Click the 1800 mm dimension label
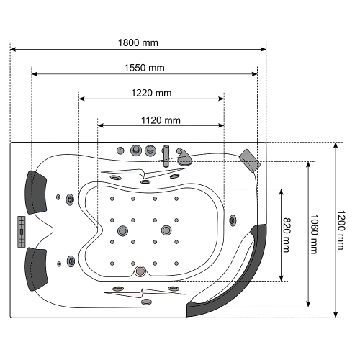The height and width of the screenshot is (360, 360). click(x=138, y=42)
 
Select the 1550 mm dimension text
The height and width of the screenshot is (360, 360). click(x=144, y=68)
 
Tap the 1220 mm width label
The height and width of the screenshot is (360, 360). click(x=151, y=93)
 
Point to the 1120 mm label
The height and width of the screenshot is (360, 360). click(x=161, y=120)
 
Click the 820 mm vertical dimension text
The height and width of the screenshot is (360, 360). click(x=287, y=235)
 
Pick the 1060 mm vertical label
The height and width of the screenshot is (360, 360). click(x=314, y=234)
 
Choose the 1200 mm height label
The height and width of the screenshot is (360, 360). click(x=341, y=230)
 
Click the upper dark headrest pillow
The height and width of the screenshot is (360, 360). click(x=35, y=192)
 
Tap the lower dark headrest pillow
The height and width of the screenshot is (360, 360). click(x=36, y=269)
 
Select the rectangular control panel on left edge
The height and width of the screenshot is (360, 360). click(x=22, y=232)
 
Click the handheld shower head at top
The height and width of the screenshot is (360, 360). click(x=184, y=157)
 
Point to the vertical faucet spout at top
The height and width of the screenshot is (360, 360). click(x=166, y=156)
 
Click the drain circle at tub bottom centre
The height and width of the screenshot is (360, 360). click(x=140, y=271)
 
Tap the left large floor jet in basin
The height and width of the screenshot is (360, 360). click(x=122, y=230)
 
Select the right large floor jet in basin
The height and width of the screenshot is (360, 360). click(x=166, y=230)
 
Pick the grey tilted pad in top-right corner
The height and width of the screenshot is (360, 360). click(x=250, y=161)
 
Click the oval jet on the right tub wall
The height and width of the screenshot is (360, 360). click(x=233, y=220)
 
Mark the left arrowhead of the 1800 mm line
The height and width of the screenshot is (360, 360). click(x=13, y=50)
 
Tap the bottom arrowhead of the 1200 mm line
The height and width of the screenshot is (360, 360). click(x=336, y=315)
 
